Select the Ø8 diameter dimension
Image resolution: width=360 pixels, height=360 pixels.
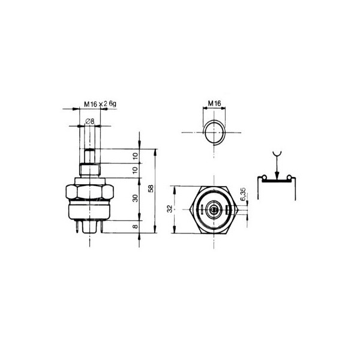pos(89,121)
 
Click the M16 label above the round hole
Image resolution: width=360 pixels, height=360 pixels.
pos(214,104)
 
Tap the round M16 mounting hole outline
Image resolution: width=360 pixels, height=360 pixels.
pos(214,132)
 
